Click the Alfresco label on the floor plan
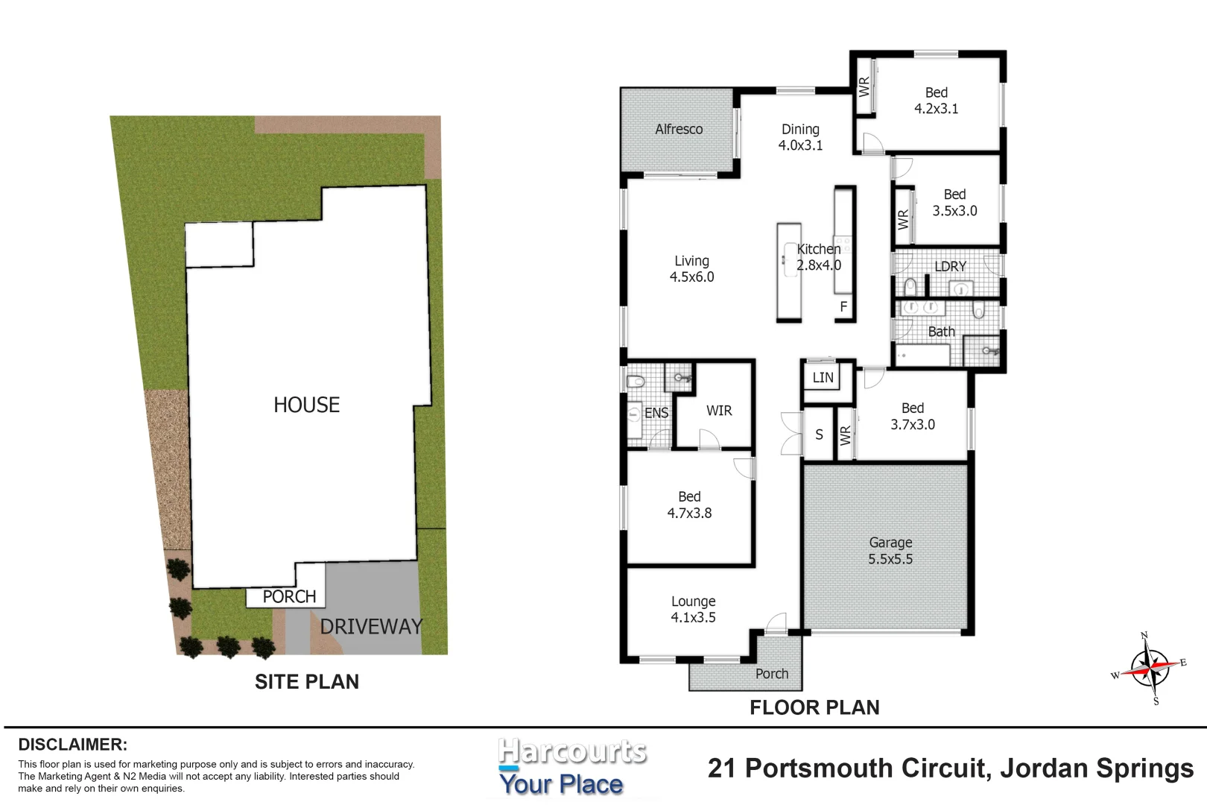tap(679, 130)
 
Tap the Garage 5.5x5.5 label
tap(890, 551)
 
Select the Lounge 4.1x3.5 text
tap(694, 609)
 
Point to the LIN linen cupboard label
tap(823, 377)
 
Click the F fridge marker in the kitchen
tap(844, 307)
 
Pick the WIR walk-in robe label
tap(719, 410)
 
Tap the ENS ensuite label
tap(656, 413)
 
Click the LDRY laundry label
tap(951, 266)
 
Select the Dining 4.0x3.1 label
tap(801, 137)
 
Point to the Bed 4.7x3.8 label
tap(690, 505)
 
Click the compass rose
tap(1150, 669)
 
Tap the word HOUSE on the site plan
tap(307, 405)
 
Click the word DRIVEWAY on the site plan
tap(371, 627)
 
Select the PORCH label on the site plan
tap(289, 596)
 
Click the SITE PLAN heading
tap(307, 682)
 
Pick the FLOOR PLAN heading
tap(815, 707)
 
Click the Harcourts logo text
tap(571, 751)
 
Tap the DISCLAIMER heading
tap(73, 745)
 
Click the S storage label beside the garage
tap(819, 435)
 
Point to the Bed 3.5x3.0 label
tap(955, 203)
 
